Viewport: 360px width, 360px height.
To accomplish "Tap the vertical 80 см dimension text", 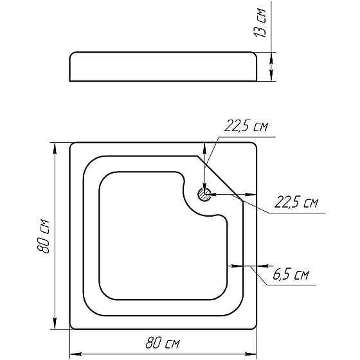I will [x=44, y=235].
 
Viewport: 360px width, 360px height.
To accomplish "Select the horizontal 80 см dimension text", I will [x=163, y=344].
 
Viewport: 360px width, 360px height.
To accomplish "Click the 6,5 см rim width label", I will [x=291, y=276].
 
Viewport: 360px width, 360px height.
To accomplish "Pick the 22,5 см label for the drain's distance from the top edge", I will [x=246, y=127].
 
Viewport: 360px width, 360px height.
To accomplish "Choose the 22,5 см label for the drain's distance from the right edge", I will [x=296, y=203].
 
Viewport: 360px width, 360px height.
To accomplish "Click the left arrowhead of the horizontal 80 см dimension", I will [x=73, y=354].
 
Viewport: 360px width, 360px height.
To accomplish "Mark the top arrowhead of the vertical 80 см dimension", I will [x=53, y=146].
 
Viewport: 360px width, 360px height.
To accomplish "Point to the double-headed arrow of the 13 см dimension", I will [x=271, y=67].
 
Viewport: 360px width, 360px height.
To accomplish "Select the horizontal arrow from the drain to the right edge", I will [x=231, y=194].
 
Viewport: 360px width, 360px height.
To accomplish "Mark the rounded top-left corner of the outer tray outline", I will [x=73, y=147].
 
